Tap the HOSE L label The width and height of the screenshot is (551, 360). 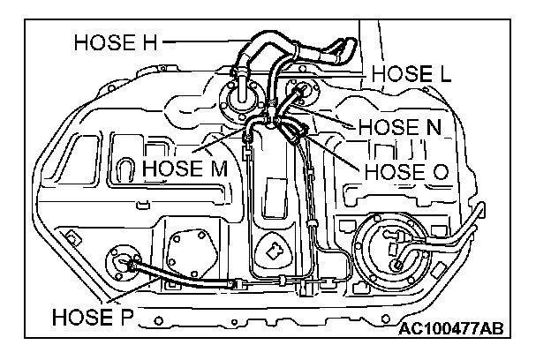point(411,74)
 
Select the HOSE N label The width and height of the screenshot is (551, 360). point(398,127)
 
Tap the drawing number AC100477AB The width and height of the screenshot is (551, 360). point(450,329)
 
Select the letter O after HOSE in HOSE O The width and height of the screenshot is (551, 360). point(437,169)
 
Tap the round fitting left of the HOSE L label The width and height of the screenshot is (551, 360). point(301,88)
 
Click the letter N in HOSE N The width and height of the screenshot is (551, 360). point(434,127)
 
